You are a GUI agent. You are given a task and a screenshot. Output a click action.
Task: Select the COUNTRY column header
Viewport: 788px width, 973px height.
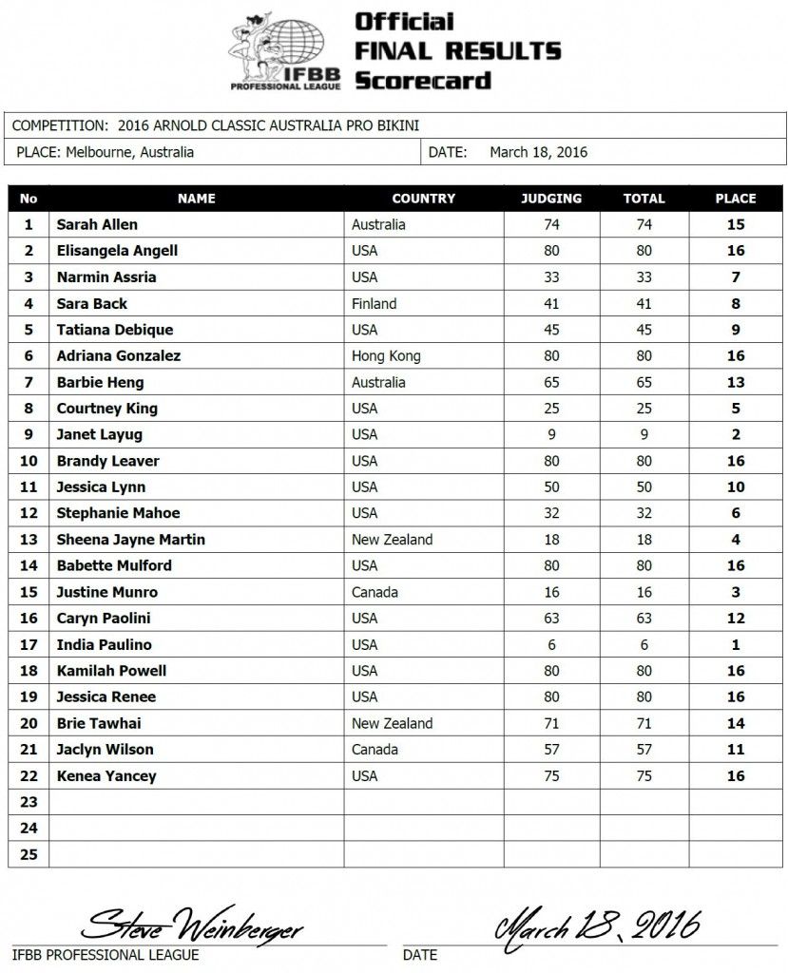[423, 199]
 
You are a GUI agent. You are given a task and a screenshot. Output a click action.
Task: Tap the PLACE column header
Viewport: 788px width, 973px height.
[735, 199]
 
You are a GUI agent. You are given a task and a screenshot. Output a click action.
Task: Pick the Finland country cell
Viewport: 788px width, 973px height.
[375, 304]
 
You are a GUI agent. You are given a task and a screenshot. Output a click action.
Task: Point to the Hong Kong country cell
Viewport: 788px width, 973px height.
[386, 356]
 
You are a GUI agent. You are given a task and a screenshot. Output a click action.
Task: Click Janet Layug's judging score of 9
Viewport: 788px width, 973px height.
[551, 434]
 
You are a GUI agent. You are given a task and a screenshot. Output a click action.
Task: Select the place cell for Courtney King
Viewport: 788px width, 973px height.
[735, 409]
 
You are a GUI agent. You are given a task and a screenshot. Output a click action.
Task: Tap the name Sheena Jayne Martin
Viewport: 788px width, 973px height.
[130, 540]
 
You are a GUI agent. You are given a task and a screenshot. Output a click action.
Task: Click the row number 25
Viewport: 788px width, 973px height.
[29, 854]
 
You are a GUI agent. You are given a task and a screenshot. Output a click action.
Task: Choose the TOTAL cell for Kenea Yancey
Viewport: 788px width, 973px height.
[644, 775]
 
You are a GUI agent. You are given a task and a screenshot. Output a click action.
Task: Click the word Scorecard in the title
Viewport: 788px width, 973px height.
[422, 80]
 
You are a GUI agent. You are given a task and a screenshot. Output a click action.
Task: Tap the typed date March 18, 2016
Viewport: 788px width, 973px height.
[538, 152]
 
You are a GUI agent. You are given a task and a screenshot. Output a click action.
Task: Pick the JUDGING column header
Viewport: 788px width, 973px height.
[551, 199]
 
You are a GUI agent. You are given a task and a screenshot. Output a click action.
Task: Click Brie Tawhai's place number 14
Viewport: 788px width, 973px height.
[735, 723]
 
